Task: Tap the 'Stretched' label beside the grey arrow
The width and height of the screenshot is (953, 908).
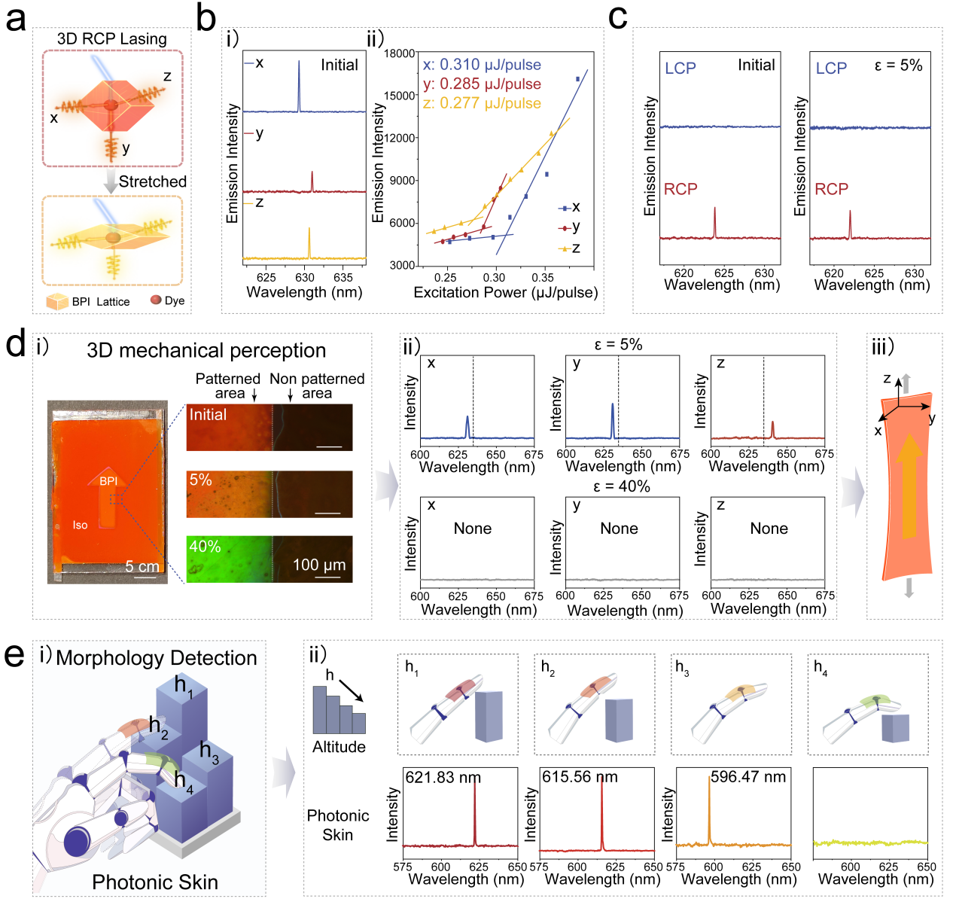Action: click(152, 181)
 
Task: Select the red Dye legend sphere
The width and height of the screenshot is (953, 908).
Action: click(156, 300)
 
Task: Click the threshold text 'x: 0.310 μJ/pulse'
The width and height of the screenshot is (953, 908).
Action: click(482, 65)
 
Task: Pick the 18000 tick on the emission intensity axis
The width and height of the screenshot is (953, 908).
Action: click(400, 53)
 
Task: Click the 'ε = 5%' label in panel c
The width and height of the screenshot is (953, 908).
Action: click(898, 66)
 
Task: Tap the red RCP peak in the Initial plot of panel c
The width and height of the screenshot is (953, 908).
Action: click(715, 223)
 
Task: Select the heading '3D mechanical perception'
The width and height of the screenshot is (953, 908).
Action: click(206, 351)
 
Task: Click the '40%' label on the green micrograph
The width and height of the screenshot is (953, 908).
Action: click(205, 547)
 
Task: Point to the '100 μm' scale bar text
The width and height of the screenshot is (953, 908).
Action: click(319, 565)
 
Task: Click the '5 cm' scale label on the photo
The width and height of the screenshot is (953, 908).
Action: click(142, 567)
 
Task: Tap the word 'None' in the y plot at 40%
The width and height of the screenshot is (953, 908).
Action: click(619, 529)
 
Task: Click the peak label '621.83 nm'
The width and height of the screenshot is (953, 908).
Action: click(443, 777)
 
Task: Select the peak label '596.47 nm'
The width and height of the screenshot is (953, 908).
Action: click(748, 777)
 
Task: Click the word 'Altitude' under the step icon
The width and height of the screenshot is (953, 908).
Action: click(339, 747)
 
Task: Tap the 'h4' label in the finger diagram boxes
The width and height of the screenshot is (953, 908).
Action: click(820, 667)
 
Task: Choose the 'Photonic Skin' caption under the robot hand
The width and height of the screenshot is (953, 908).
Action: click(154, 882)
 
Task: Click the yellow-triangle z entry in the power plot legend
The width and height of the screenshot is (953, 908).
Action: click(569, 248)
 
